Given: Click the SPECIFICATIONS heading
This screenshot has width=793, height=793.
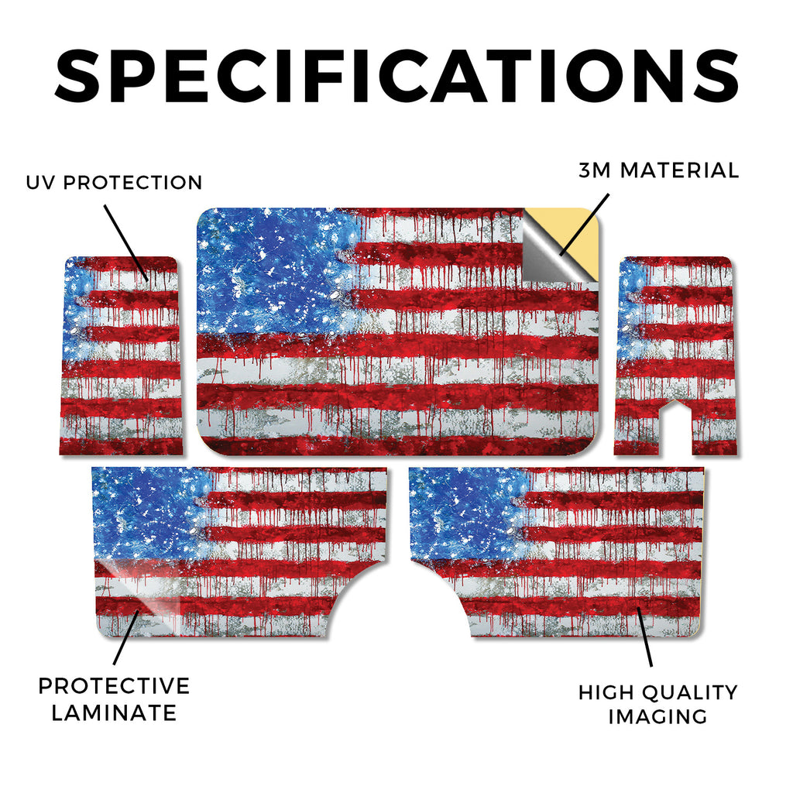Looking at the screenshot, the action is (396, 76).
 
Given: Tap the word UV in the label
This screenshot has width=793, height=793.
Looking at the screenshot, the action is (40, 183).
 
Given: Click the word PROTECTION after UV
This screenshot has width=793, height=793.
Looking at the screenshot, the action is (132, 183).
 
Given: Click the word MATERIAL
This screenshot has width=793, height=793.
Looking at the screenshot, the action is (679, 170).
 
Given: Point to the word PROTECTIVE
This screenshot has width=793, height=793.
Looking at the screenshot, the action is (115, 686).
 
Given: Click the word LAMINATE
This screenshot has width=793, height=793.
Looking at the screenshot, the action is (115, 712).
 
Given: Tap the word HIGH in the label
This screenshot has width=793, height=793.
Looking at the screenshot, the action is (600, 692).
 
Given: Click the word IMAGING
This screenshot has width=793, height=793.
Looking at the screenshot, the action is (657, 716).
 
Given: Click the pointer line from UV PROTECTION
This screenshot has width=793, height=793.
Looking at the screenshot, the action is (126, 243).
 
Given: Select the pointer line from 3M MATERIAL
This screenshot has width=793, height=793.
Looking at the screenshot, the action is (585, 224).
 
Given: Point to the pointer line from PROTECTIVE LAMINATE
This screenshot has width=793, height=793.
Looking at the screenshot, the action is (126, 637).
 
